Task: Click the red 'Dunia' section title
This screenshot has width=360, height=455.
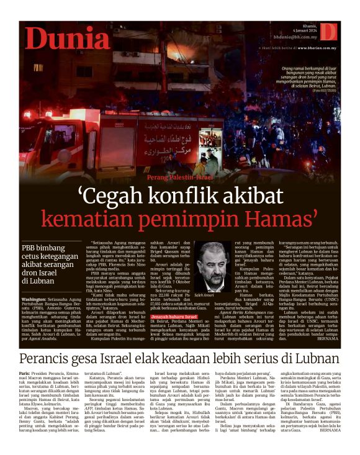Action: tap(68, 39)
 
